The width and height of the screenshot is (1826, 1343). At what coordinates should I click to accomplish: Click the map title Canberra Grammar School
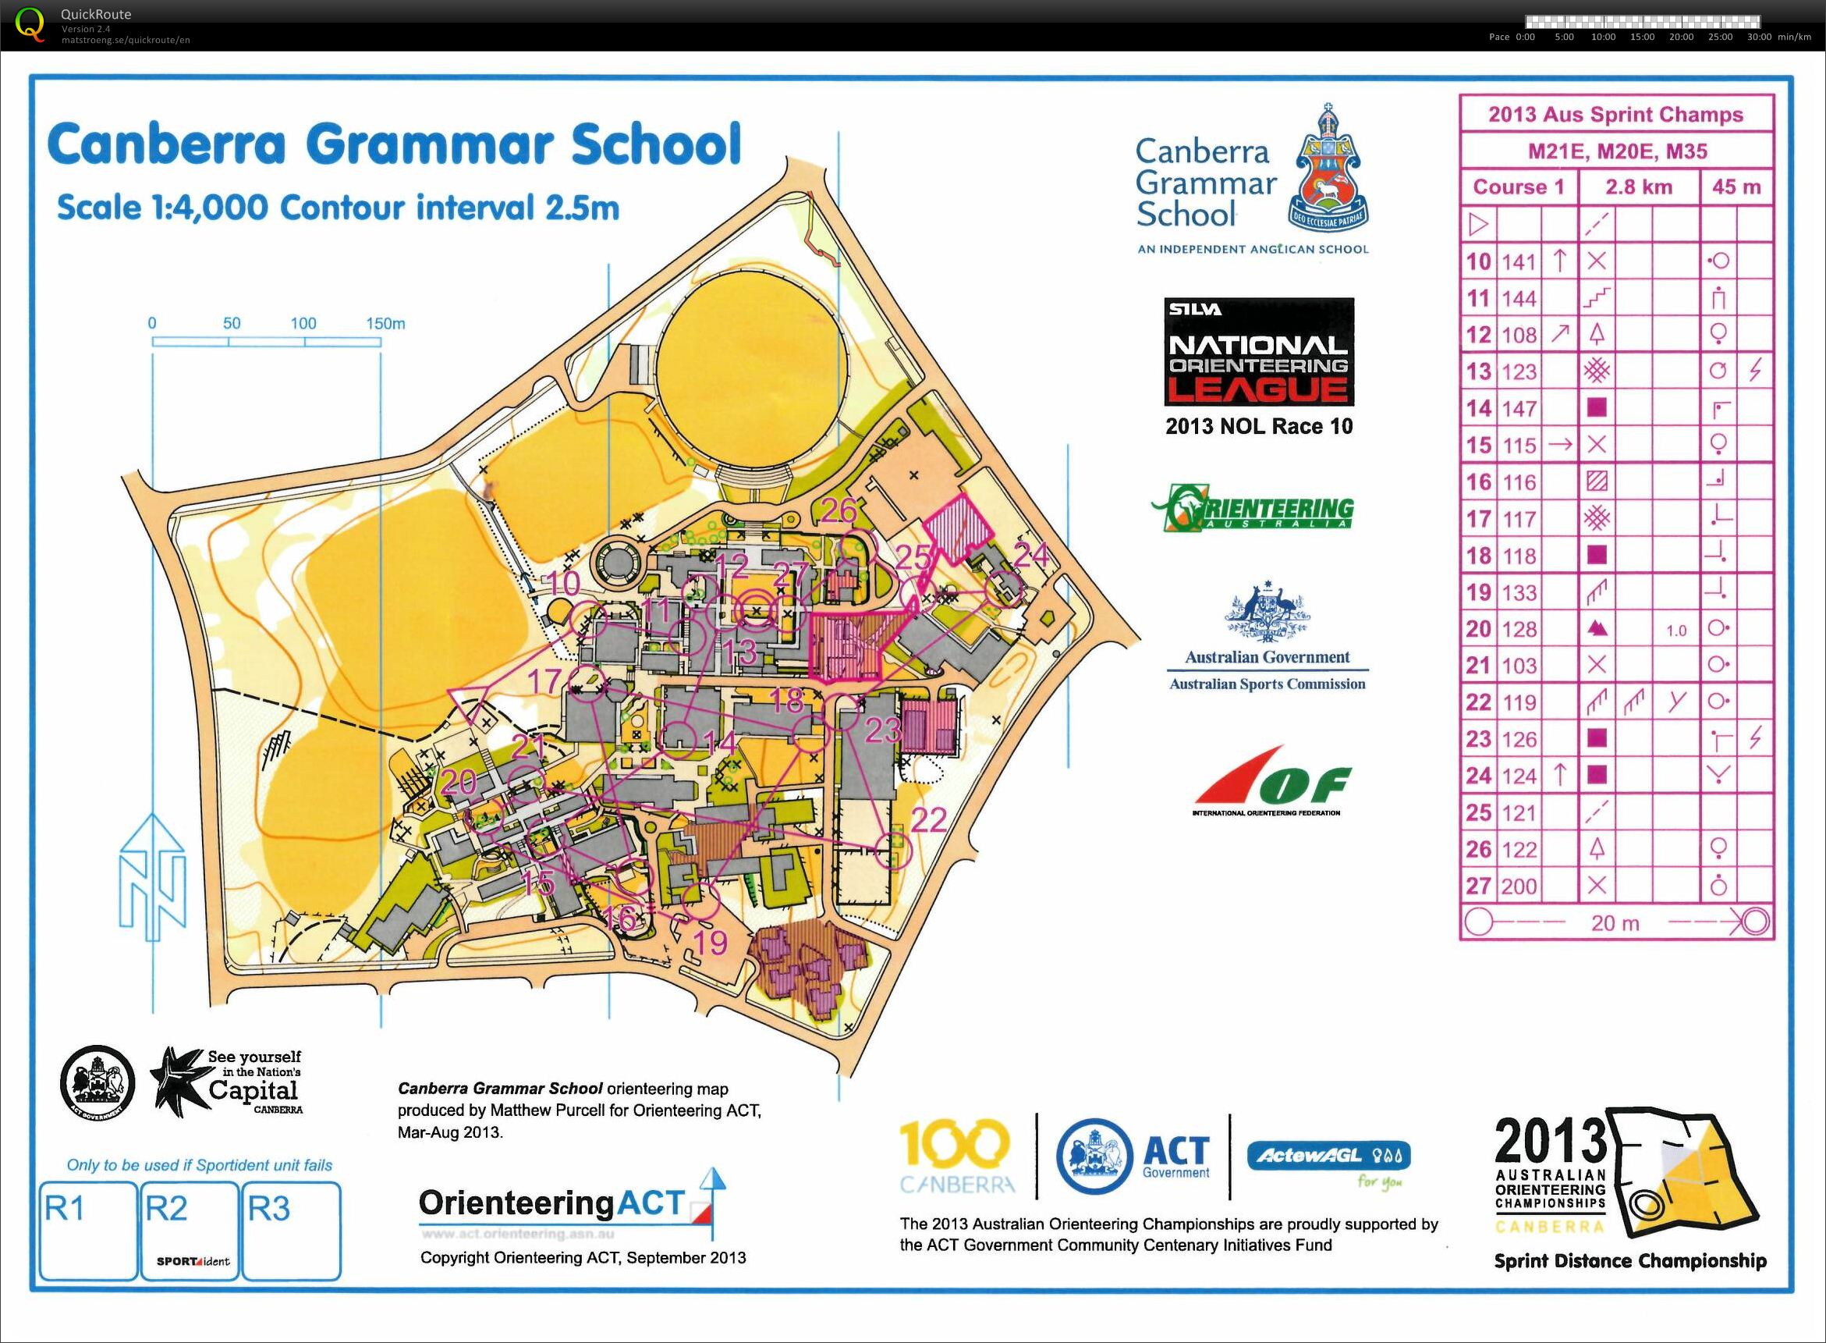point(395,144)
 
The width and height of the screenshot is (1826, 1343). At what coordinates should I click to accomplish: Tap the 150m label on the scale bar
point(385,324)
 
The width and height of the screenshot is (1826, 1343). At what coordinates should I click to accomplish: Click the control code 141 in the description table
point(1518,261)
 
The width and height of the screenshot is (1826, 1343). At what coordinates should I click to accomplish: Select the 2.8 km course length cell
point(1638,187)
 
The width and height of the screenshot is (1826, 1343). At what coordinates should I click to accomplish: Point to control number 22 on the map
point(928,820)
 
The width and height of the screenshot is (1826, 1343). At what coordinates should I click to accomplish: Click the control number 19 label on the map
point(711,943)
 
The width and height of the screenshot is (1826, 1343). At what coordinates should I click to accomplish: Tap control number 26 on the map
point(839,510)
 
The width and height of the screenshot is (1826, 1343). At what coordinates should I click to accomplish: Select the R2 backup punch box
point(190,1231)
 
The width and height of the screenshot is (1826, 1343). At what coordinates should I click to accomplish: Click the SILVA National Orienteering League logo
point(1259,352)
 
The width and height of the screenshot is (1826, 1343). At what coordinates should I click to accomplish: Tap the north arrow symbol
point(153,878)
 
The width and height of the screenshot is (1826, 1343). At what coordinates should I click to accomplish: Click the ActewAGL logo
point(1328,1163)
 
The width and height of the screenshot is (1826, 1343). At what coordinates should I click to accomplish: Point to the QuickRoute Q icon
point(31,24)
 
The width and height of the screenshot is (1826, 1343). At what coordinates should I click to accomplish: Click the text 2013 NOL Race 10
point(1259,426)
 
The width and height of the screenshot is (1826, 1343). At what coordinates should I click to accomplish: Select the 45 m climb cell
point(1736,187)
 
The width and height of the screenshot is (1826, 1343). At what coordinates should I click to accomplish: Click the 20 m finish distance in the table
point(1615,922)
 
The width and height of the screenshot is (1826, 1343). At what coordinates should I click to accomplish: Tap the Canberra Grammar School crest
point(1330,169)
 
